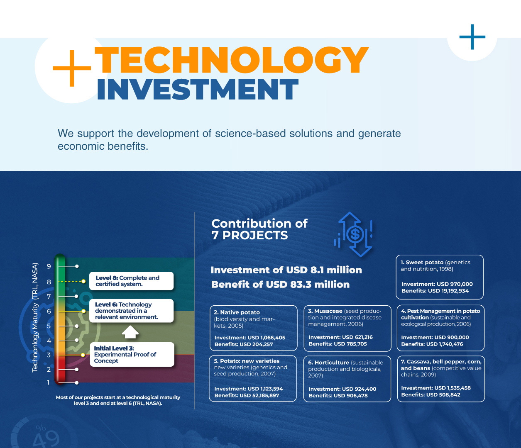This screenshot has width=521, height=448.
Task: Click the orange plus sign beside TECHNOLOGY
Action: point(72,68)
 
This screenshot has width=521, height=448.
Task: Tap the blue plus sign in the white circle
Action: point(472,37)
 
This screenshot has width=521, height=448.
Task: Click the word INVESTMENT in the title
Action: point(198,89)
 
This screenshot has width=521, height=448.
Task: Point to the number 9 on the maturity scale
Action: point(49,266)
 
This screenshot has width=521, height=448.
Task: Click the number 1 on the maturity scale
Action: point(48,383)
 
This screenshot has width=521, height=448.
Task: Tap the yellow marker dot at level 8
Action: point(83,281)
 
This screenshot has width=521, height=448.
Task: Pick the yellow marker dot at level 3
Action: point(83,355)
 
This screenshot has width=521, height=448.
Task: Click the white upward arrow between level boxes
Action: point(130,332)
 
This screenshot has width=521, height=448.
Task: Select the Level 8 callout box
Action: point(131,281)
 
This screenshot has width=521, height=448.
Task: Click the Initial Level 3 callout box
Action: point(132,354)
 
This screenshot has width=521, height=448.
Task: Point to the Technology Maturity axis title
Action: point(35,318)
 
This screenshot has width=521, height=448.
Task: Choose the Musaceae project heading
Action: point(325,311)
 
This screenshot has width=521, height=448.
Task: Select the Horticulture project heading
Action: point(329,363)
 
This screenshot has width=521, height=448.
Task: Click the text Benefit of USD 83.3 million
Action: point(280,285)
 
